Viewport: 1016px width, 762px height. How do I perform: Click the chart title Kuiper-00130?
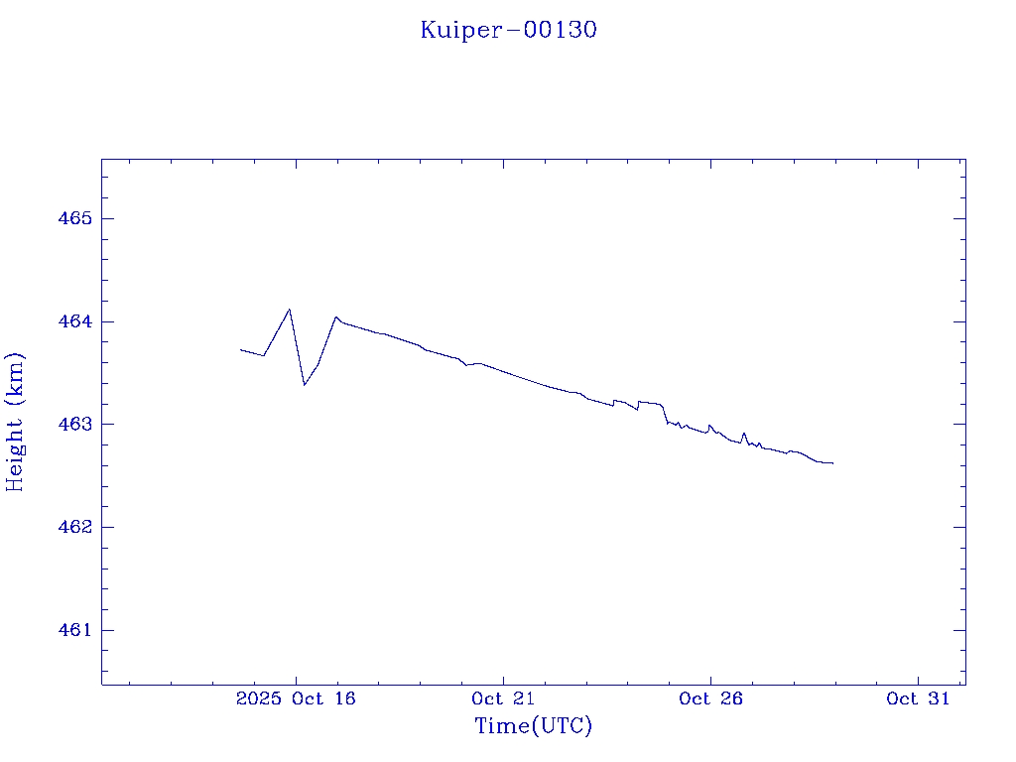pyautogui.click(x=508, y=30)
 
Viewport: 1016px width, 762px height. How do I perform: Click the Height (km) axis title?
pyautogui.click(x=15, y=421)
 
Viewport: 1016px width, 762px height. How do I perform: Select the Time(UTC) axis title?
pyautogui.click(x=533, y=726)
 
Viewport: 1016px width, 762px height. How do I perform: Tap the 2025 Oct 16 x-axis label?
pyautogui.click(x=296, y=698)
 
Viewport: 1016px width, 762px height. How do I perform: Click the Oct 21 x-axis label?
pyautogui.click(x=503, y=698)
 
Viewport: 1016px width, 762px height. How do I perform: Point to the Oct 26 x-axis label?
pyautogui.click(x=710, y=698)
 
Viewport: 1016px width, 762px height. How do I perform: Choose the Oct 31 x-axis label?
pyautogui.click(x=918, y=698)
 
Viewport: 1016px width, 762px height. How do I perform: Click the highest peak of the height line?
pyautogui.click(x=289, y=310)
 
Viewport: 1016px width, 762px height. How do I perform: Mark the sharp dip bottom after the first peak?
pyautogui.click(x=305, y=384)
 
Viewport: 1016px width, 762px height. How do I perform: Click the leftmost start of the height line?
pyautogui.click(x=241, y=349)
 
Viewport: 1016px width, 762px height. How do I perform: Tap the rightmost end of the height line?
pyautogui.click(x=832, y=463)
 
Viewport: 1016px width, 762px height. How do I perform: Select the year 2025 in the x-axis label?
pyautogui.click(x=258, y=698)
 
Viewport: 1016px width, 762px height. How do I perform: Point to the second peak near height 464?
pyautogui.click(x=336, y=317)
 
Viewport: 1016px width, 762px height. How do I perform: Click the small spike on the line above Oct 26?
pyautogui.click(x=709, y=425)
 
